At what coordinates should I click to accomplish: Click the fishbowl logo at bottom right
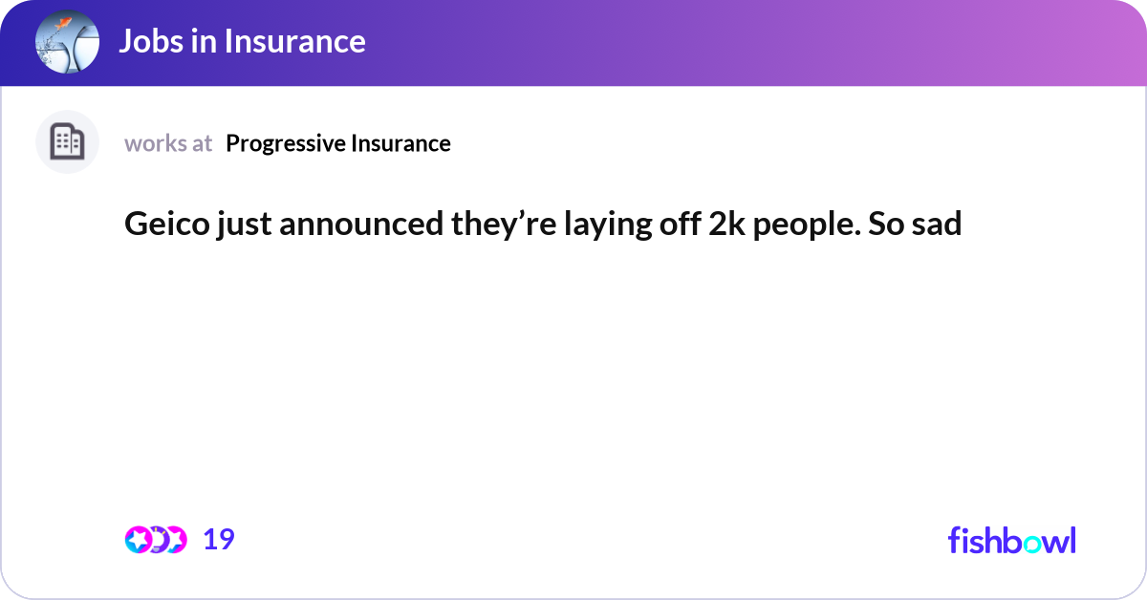1011,540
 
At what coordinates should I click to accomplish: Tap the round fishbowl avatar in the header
67,42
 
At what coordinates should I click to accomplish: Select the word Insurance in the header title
296,41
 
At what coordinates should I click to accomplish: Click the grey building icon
67,142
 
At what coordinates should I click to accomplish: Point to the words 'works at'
168,143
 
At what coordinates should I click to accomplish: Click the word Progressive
286,143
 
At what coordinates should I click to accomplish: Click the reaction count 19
219,540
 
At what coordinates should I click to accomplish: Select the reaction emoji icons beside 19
155,540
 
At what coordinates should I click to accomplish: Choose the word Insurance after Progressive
400,143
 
